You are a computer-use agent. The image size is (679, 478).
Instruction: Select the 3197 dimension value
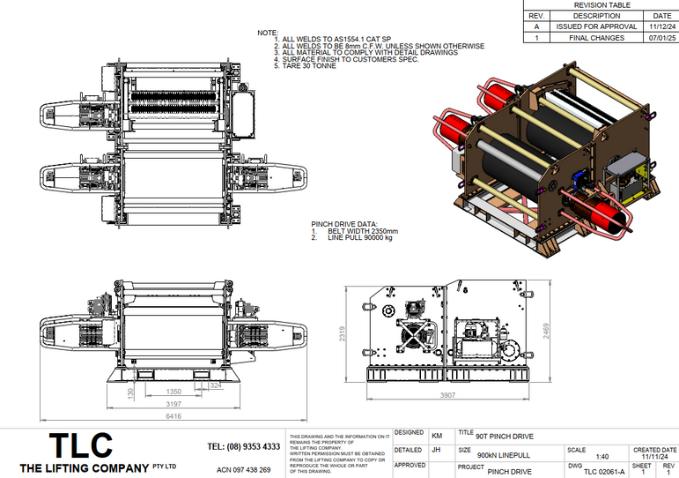[173, 403]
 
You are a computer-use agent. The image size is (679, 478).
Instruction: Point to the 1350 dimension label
[173, 391]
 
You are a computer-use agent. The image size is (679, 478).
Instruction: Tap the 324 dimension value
[217, 385]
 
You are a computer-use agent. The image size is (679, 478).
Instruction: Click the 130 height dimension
[130, 393]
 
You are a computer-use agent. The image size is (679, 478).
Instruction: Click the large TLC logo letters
[81, 445]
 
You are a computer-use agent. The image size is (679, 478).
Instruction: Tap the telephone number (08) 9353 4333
[243, 447]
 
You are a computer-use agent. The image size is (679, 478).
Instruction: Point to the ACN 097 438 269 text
[243, 470]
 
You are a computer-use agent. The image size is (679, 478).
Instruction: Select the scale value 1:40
[602, 457]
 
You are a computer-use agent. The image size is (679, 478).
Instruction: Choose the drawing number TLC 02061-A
[598, 472]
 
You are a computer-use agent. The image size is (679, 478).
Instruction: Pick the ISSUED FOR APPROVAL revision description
[602, 27]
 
